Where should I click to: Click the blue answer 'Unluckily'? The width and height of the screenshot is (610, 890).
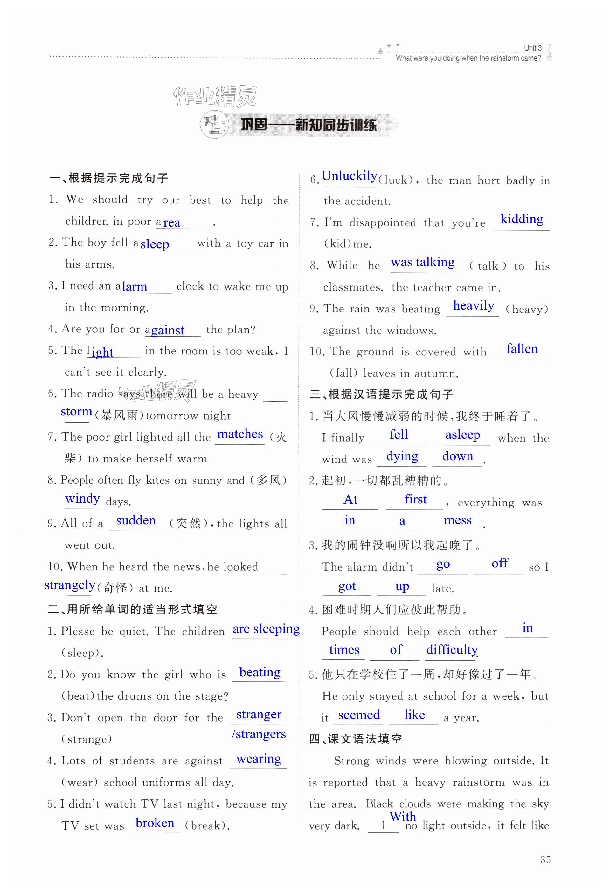[x=349, y=176]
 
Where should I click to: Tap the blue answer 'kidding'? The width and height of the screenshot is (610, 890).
[x=522, y=219]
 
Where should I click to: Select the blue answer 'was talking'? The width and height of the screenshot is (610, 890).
[x=423, y=262]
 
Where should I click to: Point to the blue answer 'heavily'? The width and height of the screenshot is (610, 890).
[x=474, y=305]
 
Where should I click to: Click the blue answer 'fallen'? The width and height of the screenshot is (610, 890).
[x=522, y=349]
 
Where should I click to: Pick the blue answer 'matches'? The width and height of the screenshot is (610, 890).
[x=240, y=434]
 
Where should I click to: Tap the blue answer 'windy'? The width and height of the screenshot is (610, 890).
[x=82, y=499]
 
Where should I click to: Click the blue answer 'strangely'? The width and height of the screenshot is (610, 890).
[x=70, y=585]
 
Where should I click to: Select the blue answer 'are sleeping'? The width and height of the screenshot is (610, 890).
[x=266, y=629]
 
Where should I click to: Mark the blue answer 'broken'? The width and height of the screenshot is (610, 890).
[x=155, y=823]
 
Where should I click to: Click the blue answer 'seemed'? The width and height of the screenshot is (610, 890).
[x=359, y=715]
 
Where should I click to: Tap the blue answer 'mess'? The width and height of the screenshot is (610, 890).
[x=457, y=520]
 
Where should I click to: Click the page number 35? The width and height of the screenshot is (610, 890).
[x=545, y=860]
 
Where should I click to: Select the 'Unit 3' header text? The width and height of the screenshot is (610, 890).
[x=533, y=48]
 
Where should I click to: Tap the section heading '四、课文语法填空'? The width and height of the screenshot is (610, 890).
[x=355, y=739]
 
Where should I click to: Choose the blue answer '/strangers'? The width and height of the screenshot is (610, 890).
[x=259, y=734]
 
